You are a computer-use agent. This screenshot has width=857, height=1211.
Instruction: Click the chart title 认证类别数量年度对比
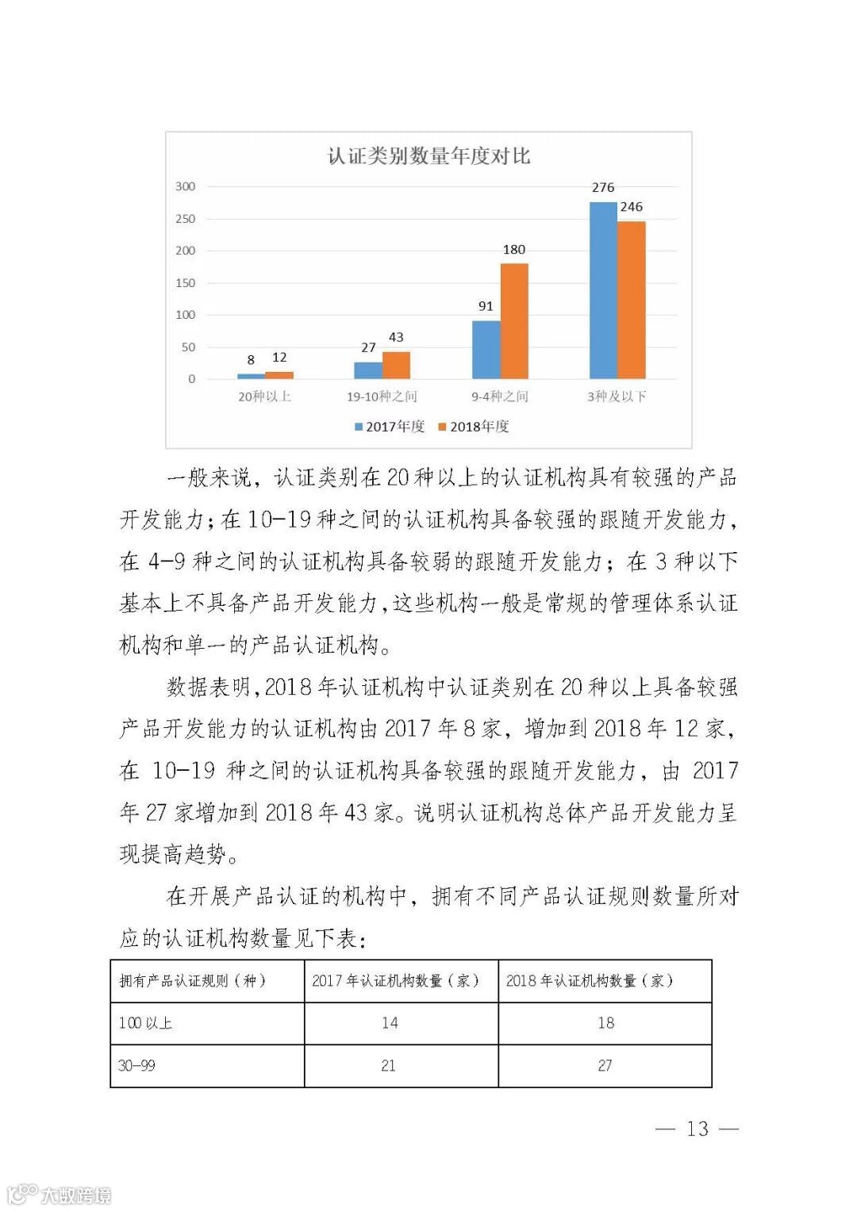(428, 156)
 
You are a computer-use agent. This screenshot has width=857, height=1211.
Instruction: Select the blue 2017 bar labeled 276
(603, 290)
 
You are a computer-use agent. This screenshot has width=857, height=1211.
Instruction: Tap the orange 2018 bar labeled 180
(514, 320)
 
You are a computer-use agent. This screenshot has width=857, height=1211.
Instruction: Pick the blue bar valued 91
(486, 349)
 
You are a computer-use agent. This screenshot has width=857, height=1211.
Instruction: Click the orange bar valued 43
(396, 365)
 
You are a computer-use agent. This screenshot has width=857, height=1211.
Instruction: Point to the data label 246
(632, 207)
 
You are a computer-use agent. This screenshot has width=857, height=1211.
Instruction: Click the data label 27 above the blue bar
(368, 347)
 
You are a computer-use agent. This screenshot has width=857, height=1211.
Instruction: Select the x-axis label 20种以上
(265, 396)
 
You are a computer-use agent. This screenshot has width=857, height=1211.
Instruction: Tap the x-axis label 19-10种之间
(382, 396)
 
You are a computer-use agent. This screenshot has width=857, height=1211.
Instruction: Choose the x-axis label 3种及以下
(617, 396)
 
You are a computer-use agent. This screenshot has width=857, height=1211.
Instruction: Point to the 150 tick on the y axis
(185, 283)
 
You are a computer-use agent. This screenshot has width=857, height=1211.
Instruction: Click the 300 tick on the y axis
(185, 186)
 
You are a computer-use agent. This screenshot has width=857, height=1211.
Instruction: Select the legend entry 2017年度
(390, 427)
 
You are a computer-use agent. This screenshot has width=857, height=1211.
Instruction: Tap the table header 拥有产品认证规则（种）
(192, 981)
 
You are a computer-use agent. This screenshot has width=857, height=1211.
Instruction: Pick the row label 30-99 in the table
(136, 1066)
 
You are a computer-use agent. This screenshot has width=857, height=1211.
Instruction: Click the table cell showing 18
(605, 1023)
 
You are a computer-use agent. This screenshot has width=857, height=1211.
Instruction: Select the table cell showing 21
(388, 1066)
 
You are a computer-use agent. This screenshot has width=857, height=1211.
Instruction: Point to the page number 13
(698, 1129)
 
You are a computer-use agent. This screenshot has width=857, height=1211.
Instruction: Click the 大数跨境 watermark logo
(59, 1194)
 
